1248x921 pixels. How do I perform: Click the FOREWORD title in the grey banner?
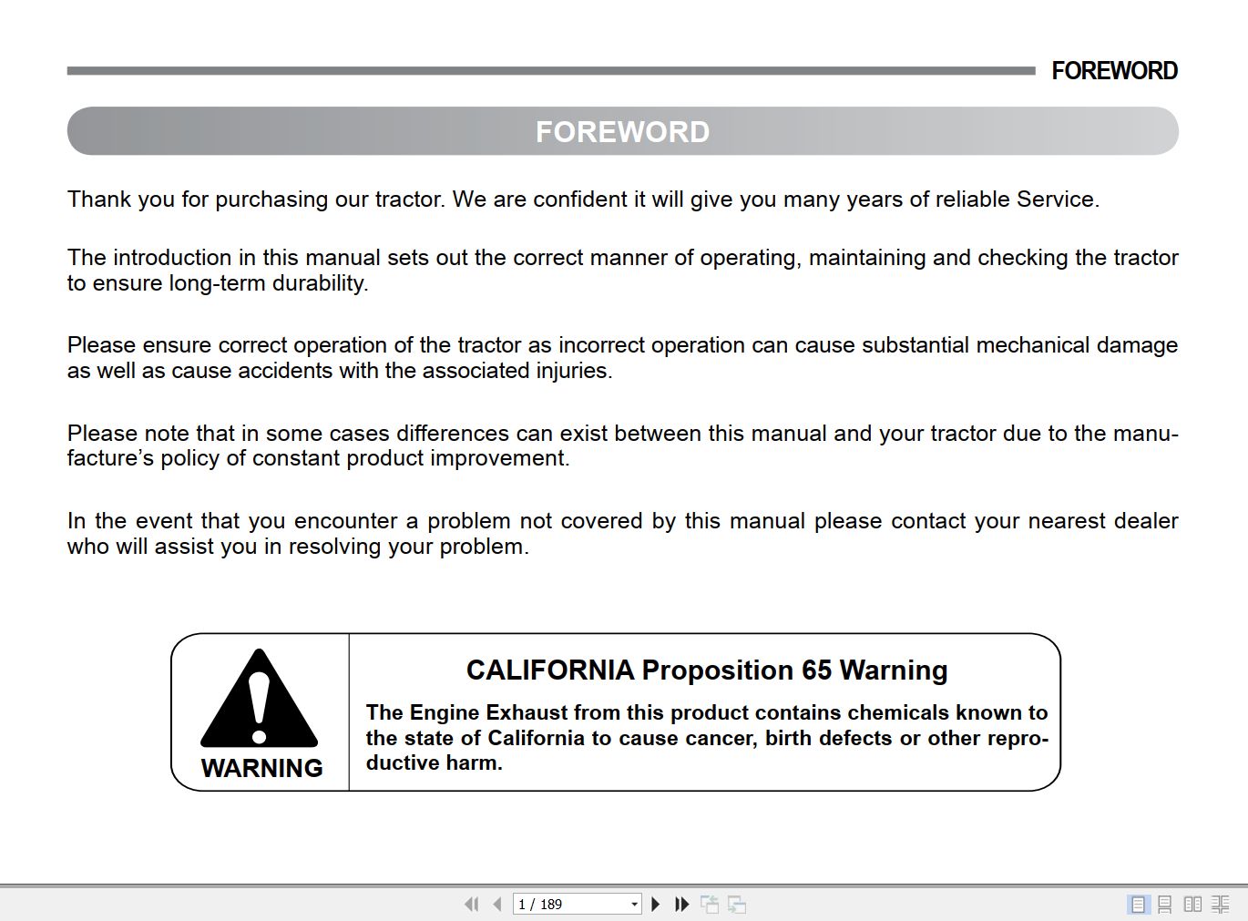(x=622, y=132)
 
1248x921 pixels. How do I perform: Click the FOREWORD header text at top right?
(x=1114, y=71)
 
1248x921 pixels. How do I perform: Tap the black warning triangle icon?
(x=260, y=699)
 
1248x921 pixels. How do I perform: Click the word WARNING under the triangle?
(x=261, y=768)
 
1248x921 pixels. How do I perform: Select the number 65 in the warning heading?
(x=816, y=670)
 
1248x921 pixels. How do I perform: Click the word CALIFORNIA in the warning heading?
(x=550, y=670)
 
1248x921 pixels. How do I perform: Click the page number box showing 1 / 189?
(x=569, y=904)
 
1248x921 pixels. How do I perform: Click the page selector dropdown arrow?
(x=634, y=904)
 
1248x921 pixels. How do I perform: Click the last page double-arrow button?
(x=681, y=904)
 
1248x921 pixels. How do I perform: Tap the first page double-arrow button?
(x=471, y=904)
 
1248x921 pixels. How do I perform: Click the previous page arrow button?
(x=496, y=904)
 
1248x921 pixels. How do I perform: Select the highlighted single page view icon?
(x=1138, y=904)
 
